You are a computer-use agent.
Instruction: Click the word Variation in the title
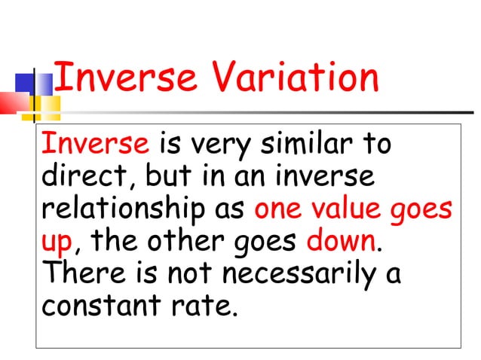point(295,79)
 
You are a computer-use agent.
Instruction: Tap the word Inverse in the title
point(123,79)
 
